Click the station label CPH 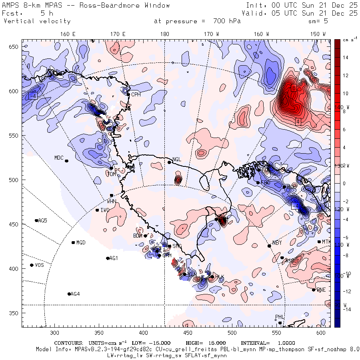click(x=136, y=94)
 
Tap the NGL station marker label click(x=177, y=160)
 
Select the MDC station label click(x=59, y=158)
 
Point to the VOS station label click(x=39, y=265)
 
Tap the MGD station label click(x=81, y=242)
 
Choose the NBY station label click(x=277, y=243)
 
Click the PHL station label click(x=279, y=317)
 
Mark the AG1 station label click(x=114, y=258)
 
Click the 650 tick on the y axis click(x=15, y=47)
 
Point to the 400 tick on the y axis click(x=15, y=268)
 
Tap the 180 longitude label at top click(x=164, y=34)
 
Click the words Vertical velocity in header click(x=37, y=21)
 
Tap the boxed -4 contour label click(x=33, y=96)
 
